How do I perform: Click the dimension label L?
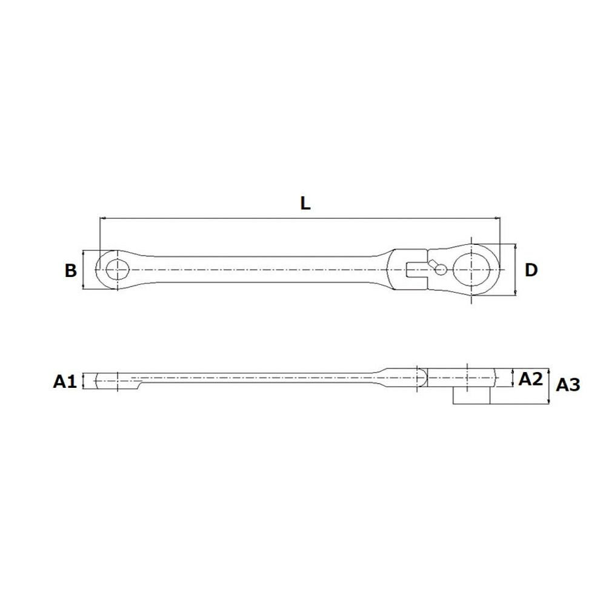point(305,203)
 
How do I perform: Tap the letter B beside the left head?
point(70,270)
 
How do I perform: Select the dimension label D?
point(531,270)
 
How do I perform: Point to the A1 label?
point(65,381)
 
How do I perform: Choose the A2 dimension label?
point(531,379)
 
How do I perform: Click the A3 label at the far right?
point(568,385)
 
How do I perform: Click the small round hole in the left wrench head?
point(117,270)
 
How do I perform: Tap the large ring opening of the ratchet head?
point(471,269)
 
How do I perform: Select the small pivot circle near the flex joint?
point(441,270)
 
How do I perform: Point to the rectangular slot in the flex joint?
point(416,270)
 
